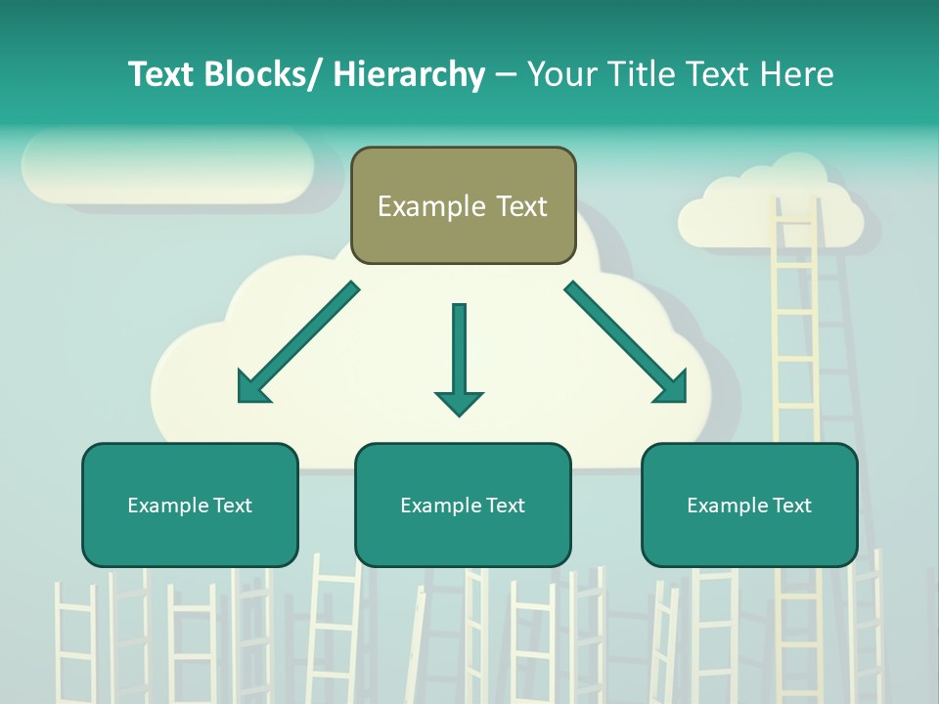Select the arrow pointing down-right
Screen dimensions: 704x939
[627, 343]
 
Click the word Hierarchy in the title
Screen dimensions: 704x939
[409, 74]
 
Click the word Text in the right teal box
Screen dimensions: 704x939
[791, 506]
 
